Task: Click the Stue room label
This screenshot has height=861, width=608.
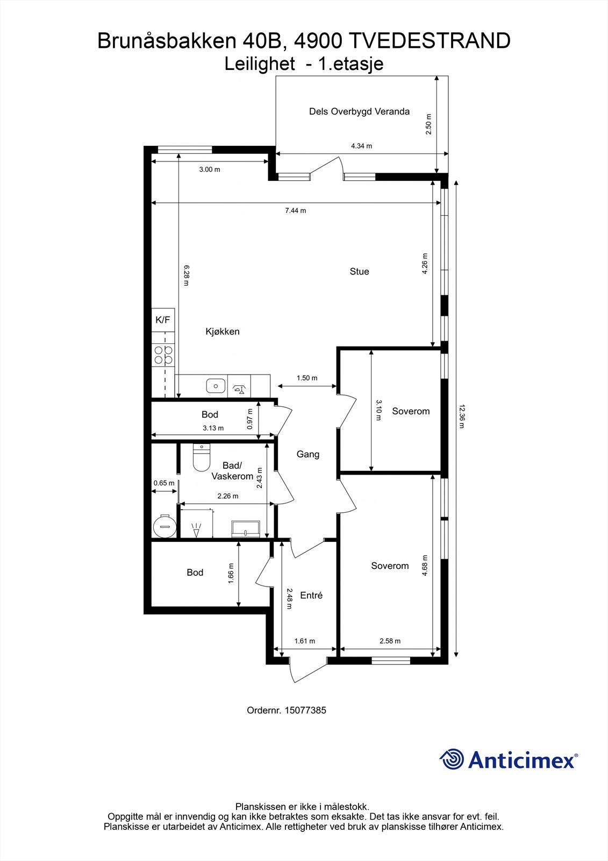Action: [x=359, y=271]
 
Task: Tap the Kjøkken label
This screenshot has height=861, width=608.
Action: [x=223, y=331]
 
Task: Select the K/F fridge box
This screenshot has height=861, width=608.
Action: [x=163, y=320]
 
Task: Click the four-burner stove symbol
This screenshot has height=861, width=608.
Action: [x=163, y=355]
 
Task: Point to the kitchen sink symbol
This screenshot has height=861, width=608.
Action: [x=216, y=386]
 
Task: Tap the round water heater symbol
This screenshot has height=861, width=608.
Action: [x=164, y=526]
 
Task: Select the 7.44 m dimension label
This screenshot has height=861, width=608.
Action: [x=295, y=210]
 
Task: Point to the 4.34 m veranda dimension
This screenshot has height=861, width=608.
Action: [x=361, y=146]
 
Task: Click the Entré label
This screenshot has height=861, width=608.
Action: [x=311, y=595]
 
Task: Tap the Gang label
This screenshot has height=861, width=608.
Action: [x=308, y=454]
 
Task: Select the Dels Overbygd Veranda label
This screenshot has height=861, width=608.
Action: [x=359, y=111]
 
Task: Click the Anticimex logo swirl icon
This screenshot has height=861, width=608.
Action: [x=452, y=760]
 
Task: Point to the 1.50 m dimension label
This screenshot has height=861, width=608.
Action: [x=307, y=378]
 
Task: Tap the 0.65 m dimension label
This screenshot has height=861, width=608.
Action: [x=164, y=483]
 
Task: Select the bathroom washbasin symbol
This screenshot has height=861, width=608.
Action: [x=245, y=529]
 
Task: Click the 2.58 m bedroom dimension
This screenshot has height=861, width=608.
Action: [x=390, y=641]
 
